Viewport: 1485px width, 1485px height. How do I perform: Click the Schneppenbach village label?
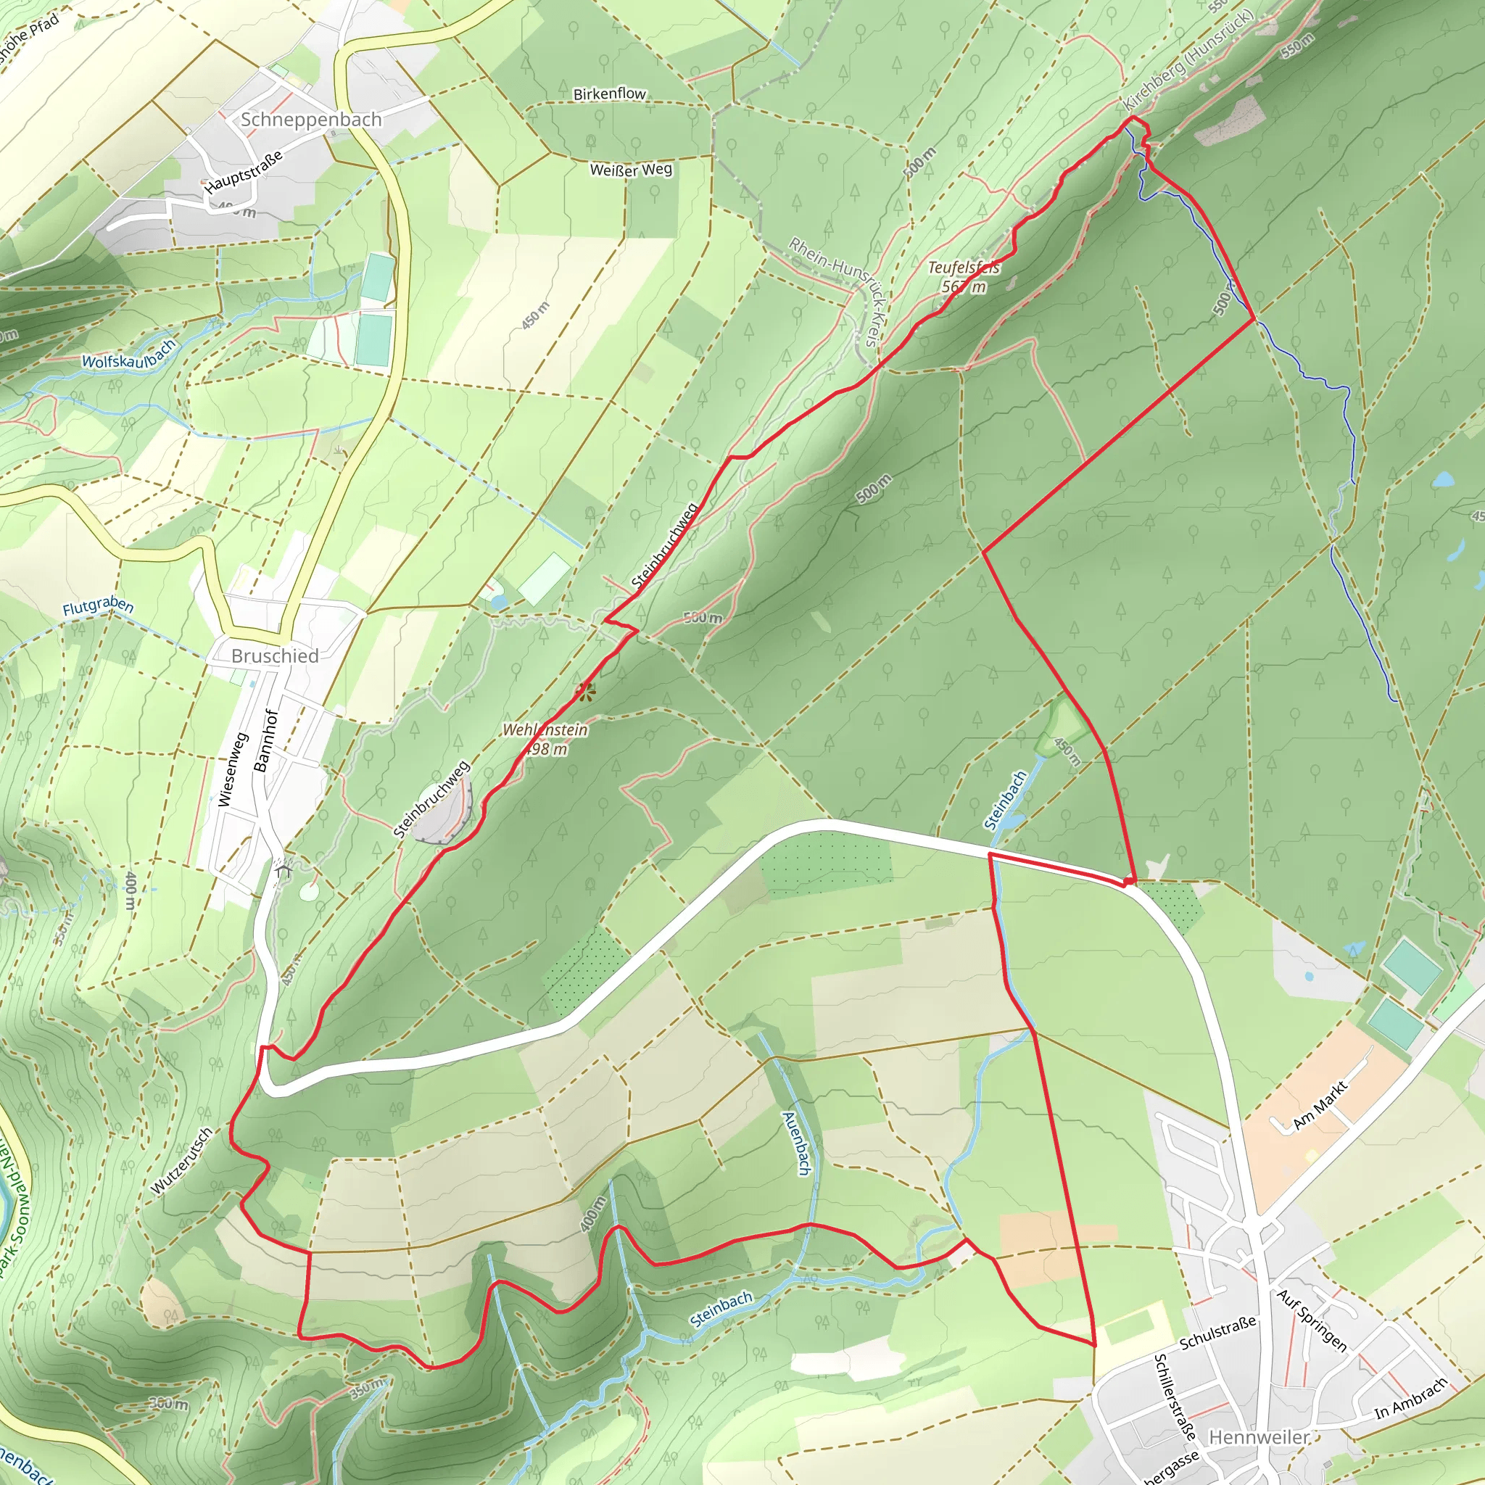(x=310, y=120)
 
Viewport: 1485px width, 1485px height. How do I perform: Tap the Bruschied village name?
(x=274, y=655)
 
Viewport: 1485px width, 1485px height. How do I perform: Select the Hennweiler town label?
(x=1258, y=1436)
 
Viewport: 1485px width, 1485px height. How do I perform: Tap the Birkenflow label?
(x=610, y=94)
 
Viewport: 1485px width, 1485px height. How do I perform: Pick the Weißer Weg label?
(x=630, y=169)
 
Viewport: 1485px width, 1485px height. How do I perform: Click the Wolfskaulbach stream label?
(x=128, y=354)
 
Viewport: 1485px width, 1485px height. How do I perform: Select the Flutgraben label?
(x=98, y=606)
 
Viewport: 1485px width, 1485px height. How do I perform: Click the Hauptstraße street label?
(x=243, y=170)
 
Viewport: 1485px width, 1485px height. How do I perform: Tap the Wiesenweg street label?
(x=231, y=770)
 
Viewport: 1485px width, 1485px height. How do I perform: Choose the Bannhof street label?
(x=264, y=740)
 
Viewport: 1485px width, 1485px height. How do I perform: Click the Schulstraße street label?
(x=1217, y=1332)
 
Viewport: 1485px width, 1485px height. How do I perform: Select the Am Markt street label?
(x=1320, y=1105)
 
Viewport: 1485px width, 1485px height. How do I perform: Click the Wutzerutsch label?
(x=181, y=1162)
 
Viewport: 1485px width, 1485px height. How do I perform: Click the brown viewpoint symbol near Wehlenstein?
(x=585, y=692)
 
